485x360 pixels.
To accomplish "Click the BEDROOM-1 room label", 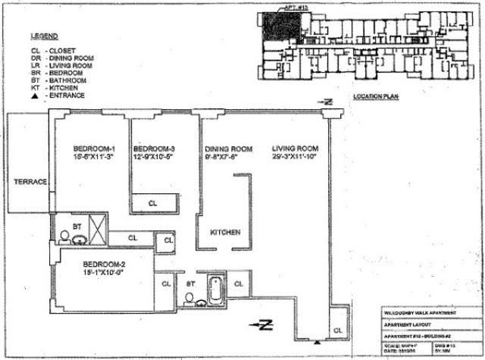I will tap(93, 148).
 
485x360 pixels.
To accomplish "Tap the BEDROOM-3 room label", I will tap(155, 148).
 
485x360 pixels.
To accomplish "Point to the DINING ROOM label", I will tap(228, 149).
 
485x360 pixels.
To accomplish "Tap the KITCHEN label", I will tap(224, 232).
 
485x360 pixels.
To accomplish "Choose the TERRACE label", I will tap(31, 182).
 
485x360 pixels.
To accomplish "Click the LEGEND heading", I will tap(43, 36).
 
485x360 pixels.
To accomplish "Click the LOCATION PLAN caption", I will tap(377, 97).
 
